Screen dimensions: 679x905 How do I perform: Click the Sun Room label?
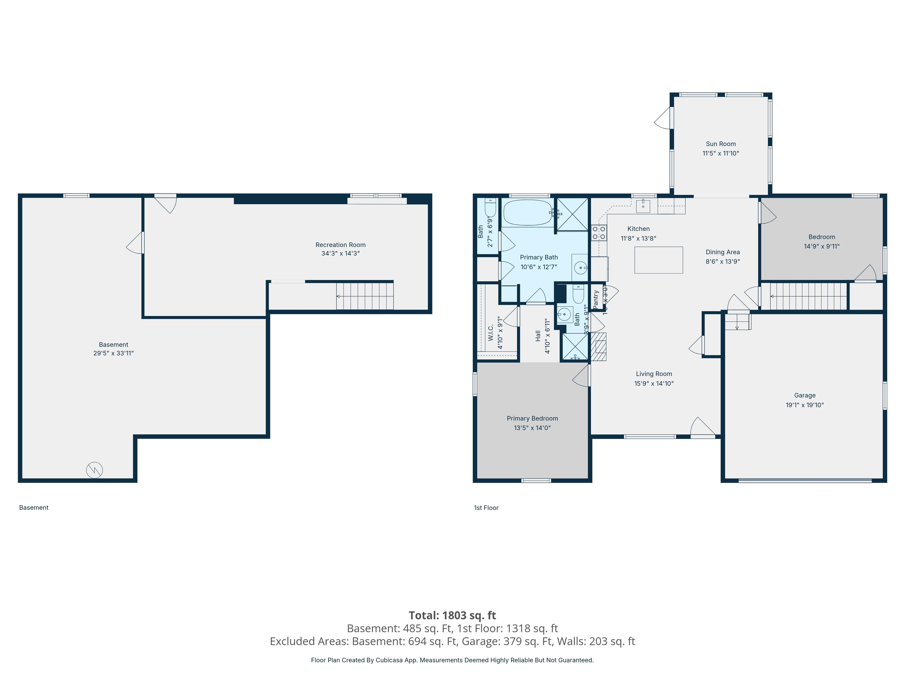(721, 144)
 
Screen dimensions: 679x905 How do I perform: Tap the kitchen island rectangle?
(658, 260)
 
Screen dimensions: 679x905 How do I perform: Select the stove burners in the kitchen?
(599, 233)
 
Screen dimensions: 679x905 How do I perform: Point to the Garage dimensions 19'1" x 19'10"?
(804, 405)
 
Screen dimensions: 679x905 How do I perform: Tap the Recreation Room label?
(340, 245)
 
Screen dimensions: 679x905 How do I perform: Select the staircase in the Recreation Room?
(364, 296)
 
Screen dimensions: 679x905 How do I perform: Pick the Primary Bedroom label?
(532, 418)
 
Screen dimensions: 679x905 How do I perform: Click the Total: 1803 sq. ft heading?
(452, 615)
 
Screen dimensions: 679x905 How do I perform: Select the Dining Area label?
(723, 252)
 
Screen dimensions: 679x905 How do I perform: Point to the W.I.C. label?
(491, 332)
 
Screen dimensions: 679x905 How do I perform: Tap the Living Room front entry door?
(703, 428)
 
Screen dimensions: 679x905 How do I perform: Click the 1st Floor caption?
(486, 507)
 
